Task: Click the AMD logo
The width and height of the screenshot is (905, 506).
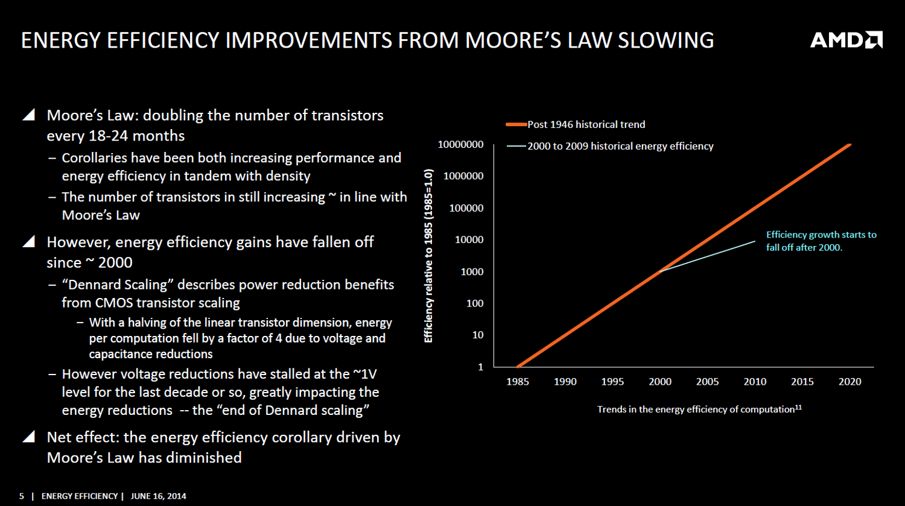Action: (x=846, y=40)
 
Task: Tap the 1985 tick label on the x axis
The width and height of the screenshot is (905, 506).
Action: (x=518, y=382)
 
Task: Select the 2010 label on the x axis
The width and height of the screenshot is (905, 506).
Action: (x=755, y=382)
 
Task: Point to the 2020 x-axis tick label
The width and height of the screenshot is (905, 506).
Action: (x=849, y=382)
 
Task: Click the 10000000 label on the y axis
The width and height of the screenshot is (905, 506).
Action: (x=460, y=144)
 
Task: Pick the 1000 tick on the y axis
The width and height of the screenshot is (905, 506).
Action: (x=472, y=272)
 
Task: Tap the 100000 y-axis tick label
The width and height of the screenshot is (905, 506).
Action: (x=466, y=208)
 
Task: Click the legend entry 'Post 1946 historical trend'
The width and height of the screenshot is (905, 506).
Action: (x=576, y=124)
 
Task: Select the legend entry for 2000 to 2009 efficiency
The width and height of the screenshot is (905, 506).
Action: (x=610, y=146)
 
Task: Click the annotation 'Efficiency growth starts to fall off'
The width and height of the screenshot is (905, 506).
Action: (x=821, y=241)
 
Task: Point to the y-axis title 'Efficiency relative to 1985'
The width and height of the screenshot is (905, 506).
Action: (x=428, y=256)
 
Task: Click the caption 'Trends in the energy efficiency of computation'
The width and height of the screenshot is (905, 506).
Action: (x=696, y=410)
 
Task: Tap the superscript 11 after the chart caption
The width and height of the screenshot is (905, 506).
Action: (x=798, y=408)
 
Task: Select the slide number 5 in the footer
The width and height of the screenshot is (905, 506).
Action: (x=21, y=496)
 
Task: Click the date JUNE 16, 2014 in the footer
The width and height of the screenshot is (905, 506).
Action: (x=158, y=496)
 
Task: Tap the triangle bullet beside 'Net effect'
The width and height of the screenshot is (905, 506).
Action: (x=29, y=437)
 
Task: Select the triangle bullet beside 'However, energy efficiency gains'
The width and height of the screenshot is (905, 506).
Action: (x=29, y=241)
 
